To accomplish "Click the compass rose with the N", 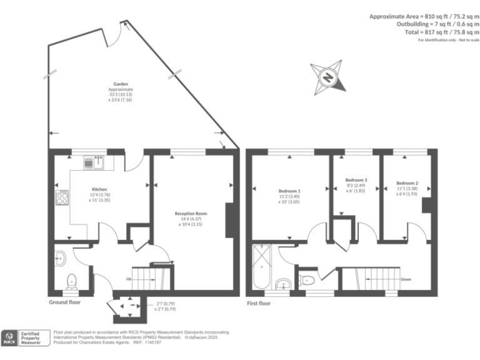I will tap(327, 77).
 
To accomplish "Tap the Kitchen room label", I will tap(99, 189).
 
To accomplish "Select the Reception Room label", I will tap(191, 214).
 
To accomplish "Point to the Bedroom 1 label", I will tap(289, 191).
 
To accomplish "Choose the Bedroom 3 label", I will tap(356, 180).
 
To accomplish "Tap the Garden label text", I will tap(121, 84).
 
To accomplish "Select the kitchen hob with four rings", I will tap(62, 199).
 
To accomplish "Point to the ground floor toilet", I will tap(72, 280).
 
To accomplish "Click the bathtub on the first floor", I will tap(259, 269).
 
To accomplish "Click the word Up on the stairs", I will tap(129, 279).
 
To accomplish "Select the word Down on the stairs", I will tap(406, 279).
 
